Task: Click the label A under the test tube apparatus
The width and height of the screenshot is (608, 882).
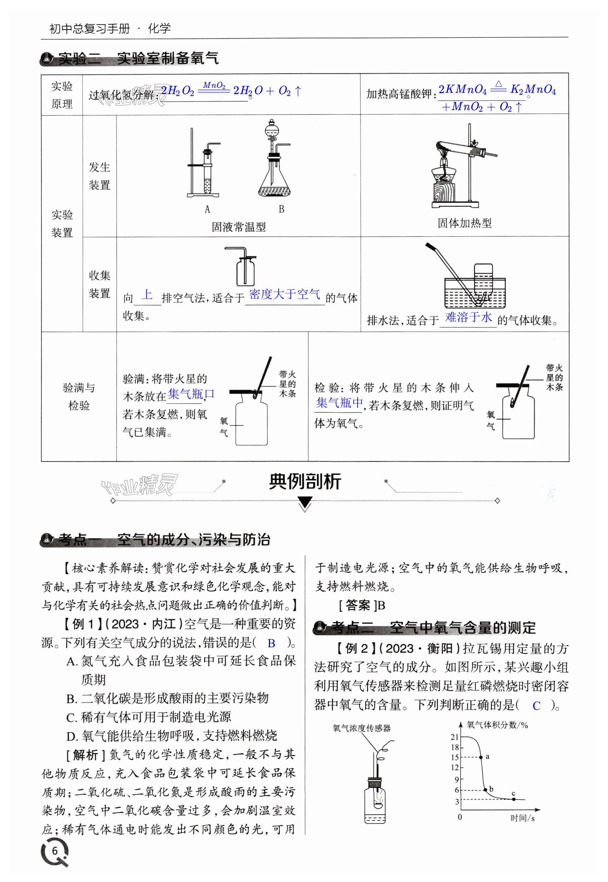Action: pos(207,209)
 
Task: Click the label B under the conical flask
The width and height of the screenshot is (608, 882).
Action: pos(281,209)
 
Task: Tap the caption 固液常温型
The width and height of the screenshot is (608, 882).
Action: pos(239,227)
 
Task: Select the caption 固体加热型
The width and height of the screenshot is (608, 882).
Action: pos(464,223)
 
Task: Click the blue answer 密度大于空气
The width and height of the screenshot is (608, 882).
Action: pos(285,294)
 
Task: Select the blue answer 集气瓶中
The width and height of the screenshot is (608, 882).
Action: pos(339,403)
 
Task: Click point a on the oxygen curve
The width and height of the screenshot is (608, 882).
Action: pos(481,757)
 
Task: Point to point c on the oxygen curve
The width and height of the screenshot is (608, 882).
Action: pos(514,799)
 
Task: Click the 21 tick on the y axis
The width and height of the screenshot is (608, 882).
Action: pos(454,737)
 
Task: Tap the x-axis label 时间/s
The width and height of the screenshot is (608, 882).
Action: pos(522,818)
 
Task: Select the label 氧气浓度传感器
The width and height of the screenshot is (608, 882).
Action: pos(361,728)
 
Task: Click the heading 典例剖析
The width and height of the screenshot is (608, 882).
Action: pos(305,481)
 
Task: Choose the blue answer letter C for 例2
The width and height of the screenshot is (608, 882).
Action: pos(537,706)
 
